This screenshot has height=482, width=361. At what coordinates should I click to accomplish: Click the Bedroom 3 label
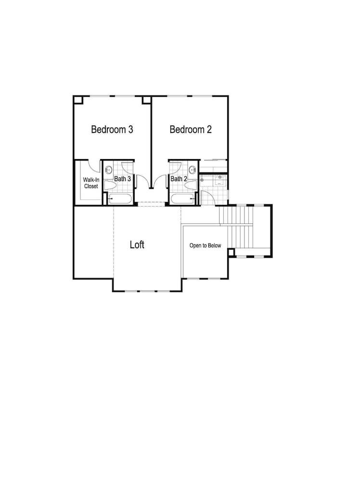[112, 129]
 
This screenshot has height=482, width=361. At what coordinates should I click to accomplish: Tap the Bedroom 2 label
[191, 129]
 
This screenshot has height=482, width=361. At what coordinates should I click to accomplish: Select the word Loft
[137, 245]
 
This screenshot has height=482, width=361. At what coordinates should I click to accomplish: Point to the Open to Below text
[205, 246]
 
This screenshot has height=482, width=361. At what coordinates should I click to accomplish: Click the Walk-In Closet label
[91, 183]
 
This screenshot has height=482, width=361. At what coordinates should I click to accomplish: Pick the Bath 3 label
[122, 179]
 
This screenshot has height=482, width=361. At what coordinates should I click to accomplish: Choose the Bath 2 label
[179, 179]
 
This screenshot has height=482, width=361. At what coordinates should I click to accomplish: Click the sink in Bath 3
[108, 170]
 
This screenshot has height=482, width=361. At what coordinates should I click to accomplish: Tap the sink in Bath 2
[193, 170]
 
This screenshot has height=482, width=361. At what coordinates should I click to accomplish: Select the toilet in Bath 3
[110, 185]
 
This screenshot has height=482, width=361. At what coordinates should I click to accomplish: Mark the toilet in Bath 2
[191, 185]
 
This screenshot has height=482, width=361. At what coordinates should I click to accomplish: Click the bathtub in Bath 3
[120, 199]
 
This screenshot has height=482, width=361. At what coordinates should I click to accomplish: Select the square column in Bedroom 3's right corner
[146, 101]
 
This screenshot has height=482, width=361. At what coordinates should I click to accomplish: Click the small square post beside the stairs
[231, 253]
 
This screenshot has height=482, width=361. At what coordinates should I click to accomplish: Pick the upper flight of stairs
[236, 215]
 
